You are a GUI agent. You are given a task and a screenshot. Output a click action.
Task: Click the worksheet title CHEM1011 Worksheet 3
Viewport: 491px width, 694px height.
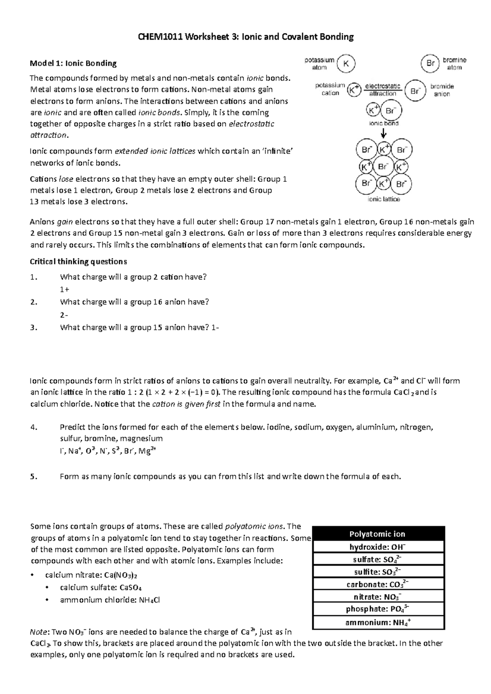(245, 37)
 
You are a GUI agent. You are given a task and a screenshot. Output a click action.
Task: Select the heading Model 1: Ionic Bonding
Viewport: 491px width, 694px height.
(73, 63)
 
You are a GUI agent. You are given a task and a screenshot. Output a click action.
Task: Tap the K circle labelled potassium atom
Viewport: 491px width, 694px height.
(346, 64)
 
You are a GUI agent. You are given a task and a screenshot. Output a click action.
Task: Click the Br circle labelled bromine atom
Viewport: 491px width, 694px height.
(430, 64)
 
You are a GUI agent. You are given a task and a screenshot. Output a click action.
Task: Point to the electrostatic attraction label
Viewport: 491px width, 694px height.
(382, 90)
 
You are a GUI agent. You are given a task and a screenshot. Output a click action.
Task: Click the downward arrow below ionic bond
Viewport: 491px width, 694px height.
(383, 134)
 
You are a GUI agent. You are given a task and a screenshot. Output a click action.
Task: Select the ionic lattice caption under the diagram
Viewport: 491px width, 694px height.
(383, 199)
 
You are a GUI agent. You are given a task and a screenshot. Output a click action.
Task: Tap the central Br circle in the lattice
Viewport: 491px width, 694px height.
(383, 167)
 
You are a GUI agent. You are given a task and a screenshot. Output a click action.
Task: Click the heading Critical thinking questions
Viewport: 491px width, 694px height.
(79, 262)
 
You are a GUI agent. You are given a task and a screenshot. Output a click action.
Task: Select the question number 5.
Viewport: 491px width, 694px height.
(34, 477)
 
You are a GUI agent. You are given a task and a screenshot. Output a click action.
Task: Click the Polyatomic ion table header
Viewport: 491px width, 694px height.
(377, 534)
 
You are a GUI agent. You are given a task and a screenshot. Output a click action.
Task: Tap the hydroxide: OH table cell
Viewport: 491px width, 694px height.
(377, 547)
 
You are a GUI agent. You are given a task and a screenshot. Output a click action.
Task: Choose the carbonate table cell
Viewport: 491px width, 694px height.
(377, 584)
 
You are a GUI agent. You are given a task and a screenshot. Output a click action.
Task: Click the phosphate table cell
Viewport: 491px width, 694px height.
(377, 609)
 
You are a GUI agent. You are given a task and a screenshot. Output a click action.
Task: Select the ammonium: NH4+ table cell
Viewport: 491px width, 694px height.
(377, 622)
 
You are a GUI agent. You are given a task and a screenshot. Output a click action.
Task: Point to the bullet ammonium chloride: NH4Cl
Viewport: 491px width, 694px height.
(110, 600)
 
